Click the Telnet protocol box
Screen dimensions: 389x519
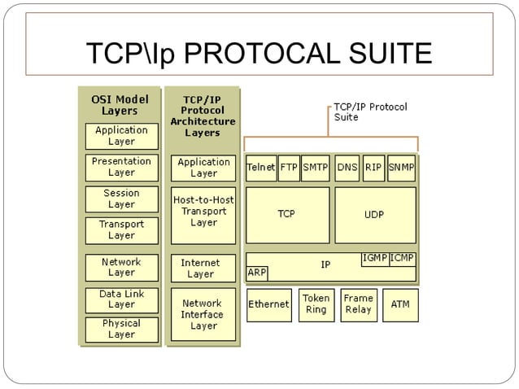tap(260, 168)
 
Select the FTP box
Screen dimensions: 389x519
tap(289, 168)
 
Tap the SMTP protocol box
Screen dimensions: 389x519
tap(315, 168)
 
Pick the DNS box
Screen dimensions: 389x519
tap(347, 168)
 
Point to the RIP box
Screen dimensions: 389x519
tap(373, 168)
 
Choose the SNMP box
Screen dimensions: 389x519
tap(402, 168)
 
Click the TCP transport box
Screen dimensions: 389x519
tap(287, 215)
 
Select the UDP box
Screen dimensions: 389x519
tap(375, 215)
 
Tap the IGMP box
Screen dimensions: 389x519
tap(375, 259)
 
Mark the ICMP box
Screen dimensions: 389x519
tap(403, 259)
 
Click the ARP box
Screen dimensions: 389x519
tap(257, 273)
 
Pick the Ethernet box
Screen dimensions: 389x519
tap(268, 304)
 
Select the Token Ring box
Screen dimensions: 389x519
tap(316, 304)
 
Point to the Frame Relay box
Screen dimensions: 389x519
tap(359, 304)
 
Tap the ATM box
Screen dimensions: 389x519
tap(400, 304)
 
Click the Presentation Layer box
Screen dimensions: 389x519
tap(122, 167)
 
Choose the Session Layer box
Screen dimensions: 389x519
tap(122, 199)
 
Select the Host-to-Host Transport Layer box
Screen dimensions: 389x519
tap(203, 211)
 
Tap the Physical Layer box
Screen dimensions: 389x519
tap(122, 329)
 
